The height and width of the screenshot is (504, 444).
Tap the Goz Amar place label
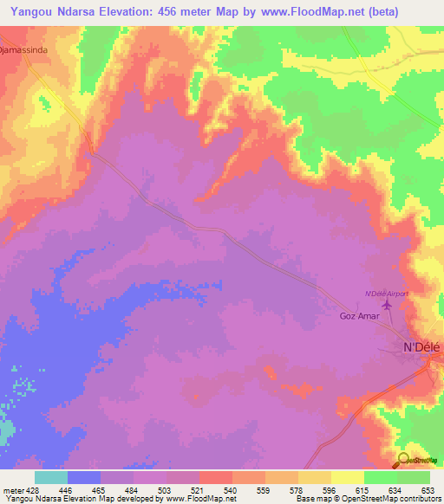click(x=359, y=317)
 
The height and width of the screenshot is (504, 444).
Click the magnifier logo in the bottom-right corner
click(x=404, y=461)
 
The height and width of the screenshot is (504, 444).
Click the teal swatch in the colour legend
click(x=51, y=477)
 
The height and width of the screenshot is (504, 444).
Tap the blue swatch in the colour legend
click(x=84, y=477)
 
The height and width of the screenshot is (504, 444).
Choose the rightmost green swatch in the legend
click(x=414, y=477)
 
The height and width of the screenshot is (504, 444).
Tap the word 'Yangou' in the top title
click(x=29, y=11)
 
